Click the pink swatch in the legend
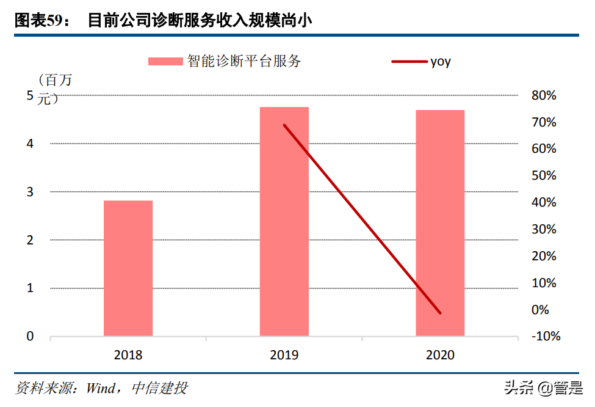point(165,61)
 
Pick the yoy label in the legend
point(441,61)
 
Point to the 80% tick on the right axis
point(544,95)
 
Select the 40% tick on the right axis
point(544,202)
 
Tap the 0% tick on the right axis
point(541,310)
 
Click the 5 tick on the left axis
point(30,95)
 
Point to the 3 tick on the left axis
point(30,192)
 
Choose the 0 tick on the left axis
point(30,337)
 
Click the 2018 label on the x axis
point(128,355)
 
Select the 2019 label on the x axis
point(284,355)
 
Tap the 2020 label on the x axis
point(440,355)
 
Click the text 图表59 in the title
point(37,21)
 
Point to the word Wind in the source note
point(103,388)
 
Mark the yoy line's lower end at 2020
point(440,313)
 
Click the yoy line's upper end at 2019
point(284,125)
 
